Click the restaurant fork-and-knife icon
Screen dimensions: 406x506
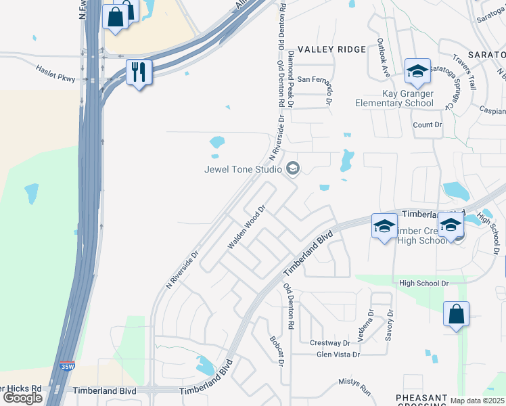[139, 72]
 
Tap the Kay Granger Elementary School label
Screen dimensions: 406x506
[394, 97]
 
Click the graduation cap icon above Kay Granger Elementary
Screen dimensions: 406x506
[417, 70]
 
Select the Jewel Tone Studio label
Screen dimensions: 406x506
[243, 169]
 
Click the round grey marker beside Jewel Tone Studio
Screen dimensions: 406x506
[293, 168]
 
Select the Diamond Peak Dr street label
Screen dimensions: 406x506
[291, 78]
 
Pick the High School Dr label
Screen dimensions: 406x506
[424, 283]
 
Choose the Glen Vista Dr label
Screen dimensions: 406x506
[338, 354]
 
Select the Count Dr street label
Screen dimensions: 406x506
[427, 125]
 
